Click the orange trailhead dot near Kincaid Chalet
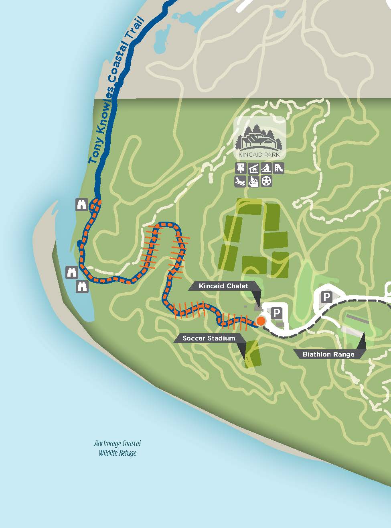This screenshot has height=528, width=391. (x=261, y=321)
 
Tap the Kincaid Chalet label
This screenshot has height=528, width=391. (x=223, y=286)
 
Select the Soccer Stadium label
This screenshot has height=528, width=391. (x=209, y=338)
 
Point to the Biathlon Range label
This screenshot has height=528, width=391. (x=328, y=354)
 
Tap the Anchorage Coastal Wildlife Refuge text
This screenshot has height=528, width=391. (x=118, y=448)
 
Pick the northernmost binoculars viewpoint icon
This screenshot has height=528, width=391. (x=82, y=204)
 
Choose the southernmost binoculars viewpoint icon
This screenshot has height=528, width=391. (x=82, y=287)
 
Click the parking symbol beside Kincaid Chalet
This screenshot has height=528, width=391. (x=277, y=313)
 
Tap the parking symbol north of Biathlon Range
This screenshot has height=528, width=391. (x=327, y=297)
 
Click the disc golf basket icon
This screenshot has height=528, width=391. (x=241, y=168)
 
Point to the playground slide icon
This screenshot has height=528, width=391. (x=279, y=168)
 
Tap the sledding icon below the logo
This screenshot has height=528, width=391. (x=241, y=181)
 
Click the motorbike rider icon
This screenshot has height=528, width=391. (x=253, y=181)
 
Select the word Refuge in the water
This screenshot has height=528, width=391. (x=127, y=453)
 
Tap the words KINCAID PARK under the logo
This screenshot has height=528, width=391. (x=259, y=154)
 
